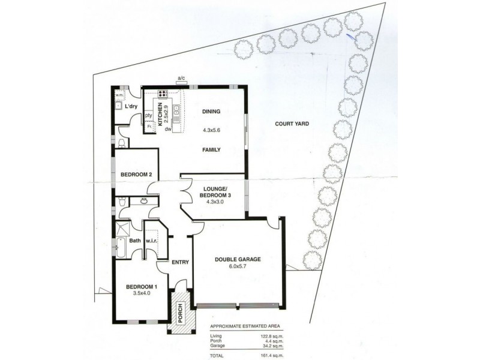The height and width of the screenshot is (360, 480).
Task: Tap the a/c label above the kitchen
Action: point(181,78)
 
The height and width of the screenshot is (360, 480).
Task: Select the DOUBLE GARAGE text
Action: point(238,260)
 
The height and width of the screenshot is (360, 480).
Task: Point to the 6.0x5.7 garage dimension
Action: point(238,267)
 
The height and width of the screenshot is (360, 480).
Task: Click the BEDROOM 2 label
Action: point(136,175)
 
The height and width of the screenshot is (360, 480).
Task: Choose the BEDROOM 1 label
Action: point(141,287)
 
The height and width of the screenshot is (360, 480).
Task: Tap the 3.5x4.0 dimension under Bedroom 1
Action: point(141,295)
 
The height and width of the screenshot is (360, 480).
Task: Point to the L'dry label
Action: point(131,107)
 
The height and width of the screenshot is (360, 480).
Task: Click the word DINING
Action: point(212,112)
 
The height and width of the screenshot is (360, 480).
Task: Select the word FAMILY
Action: point(212,150)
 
